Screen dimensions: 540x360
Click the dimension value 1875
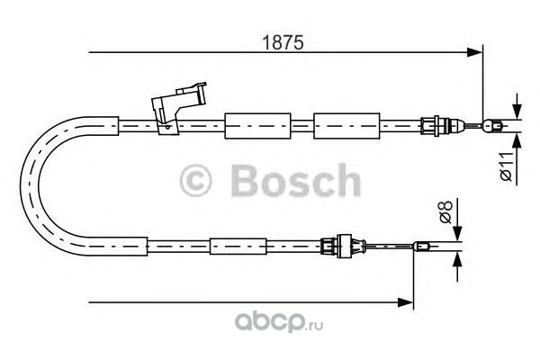pos(281,41)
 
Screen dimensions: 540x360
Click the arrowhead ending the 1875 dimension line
pos(476,55)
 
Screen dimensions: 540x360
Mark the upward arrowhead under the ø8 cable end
pos(457,258)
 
